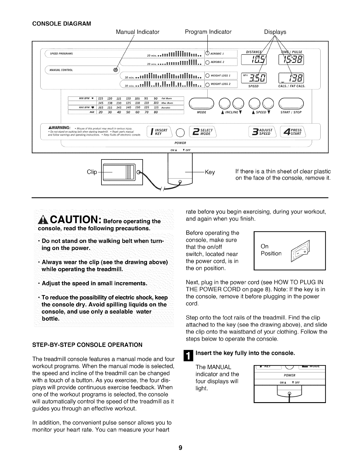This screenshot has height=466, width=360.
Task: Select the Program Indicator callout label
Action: [x=208, y=32]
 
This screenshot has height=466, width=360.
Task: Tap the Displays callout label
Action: [x=275, y=32]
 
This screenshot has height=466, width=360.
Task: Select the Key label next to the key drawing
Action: [x=210, y=172]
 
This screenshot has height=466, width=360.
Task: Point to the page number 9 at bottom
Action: [x=180, y=448]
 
